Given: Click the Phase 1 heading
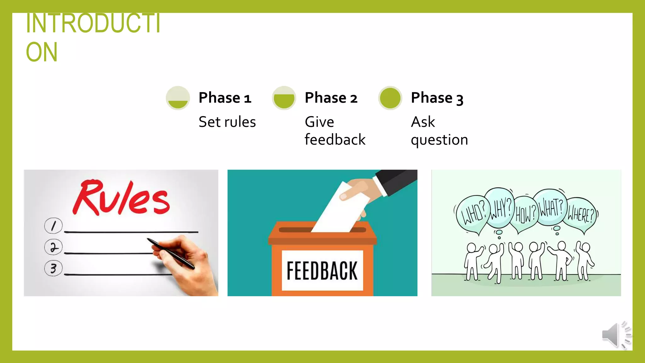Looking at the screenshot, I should point(225,98).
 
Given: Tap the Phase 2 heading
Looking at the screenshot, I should point(331,98).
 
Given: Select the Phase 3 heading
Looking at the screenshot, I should point(437,98).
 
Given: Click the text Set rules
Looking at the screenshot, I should point(227,122).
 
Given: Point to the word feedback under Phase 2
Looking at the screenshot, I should point(335,140).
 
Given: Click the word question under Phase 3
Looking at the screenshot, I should point(439,140).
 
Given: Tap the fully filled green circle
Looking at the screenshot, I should point(390,98).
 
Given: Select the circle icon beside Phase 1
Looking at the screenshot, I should point(178,98).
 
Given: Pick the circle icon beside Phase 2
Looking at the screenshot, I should point(284,98).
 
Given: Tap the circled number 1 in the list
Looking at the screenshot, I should point(53,226).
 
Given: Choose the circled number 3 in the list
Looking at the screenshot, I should point(53,268).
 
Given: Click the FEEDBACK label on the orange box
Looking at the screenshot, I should point(322,271).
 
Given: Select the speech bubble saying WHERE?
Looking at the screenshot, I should point(580,215).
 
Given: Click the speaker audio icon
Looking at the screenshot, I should point(616,335).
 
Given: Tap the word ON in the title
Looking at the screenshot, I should point(42,52).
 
